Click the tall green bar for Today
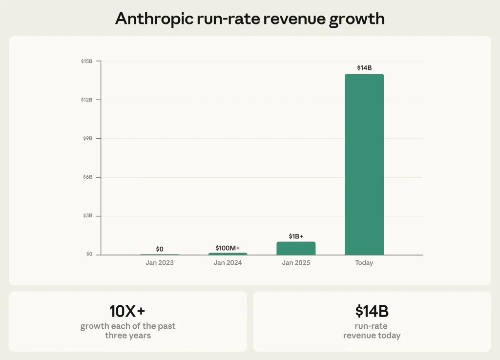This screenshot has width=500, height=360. tap(364, 164)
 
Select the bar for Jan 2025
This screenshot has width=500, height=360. tap(296, 248)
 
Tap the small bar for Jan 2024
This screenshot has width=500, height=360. tap(228, 254)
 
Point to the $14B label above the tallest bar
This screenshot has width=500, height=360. tap(364, 68)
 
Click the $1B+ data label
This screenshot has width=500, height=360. tap(296, 236)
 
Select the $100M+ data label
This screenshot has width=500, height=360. tap(228, 248)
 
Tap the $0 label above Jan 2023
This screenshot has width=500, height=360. tap(160, 249)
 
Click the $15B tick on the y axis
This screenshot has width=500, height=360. tap(86, 61)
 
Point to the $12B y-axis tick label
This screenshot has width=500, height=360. tap(86, 100)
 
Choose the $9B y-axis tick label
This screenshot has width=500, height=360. tap(87, 138)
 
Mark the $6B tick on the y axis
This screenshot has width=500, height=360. tap(87, 177)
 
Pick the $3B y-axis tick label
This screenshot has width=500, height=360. tap(87, 215)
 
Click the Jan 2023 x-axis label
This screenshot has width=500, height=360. tap(160, 263)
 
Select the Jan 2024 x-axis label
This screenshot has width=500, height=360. tap(228, 263)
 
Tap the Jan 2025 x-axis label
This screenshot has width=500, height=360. tap(296, 263)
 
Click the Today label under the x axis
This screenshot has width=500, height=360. tap(364, 263)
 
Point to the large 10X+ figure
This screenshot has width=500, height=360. tap(127, 311)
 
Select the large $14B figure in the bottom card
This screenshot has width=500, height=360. tap(372, 311)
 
